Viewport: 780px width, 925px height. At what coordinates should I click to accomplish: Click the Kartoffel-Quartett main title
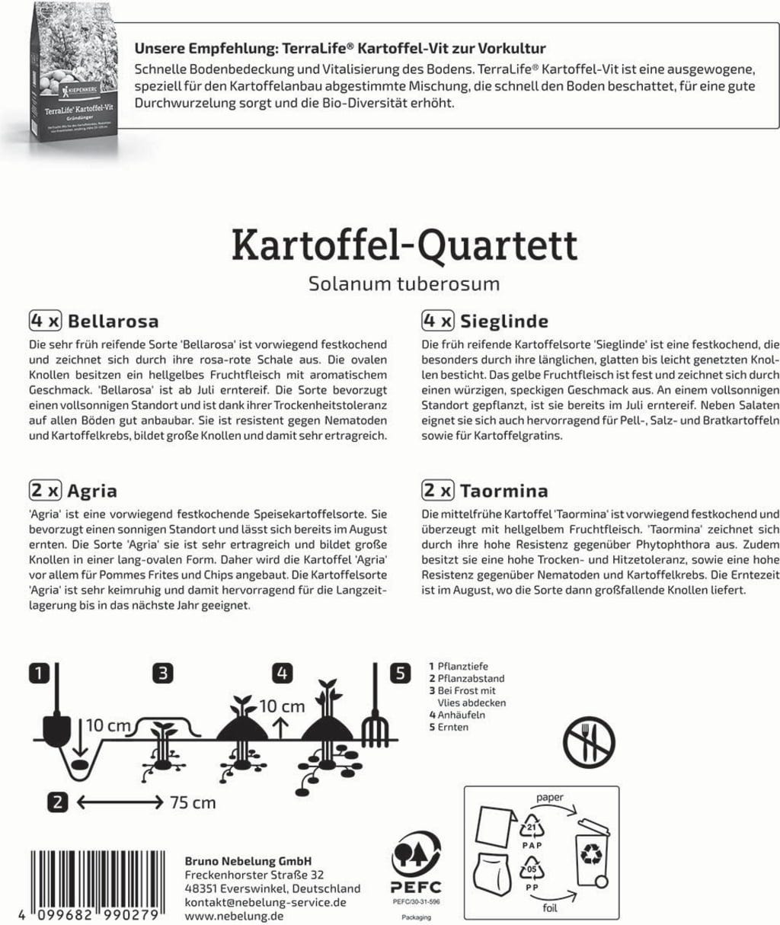tap(404, 245)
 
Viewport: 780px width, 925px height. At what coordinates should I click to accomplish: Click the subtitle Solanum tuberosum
tap(404, 284)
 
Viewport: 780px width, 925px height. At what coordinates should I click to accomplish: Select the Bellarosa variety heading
tap(113, 321)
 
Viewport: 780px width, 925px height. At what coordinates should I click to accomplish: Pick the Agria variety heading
tap(92, 491)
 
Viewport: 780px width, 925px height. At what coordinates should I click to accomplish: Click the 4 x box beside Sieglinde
tap(438, 321)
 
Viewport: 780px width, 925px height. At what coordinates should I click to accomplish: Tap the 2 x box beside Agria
tap(46, 491)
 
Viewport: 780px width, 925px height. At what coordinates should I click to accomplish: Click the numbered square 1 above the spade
tap(40, 673)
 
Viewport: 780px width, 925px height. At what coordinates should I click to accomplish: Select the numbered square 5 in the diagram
tap(401, 673)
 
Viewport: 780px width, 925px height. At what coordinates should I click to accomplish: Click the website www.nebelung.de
tap(234, 916)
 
